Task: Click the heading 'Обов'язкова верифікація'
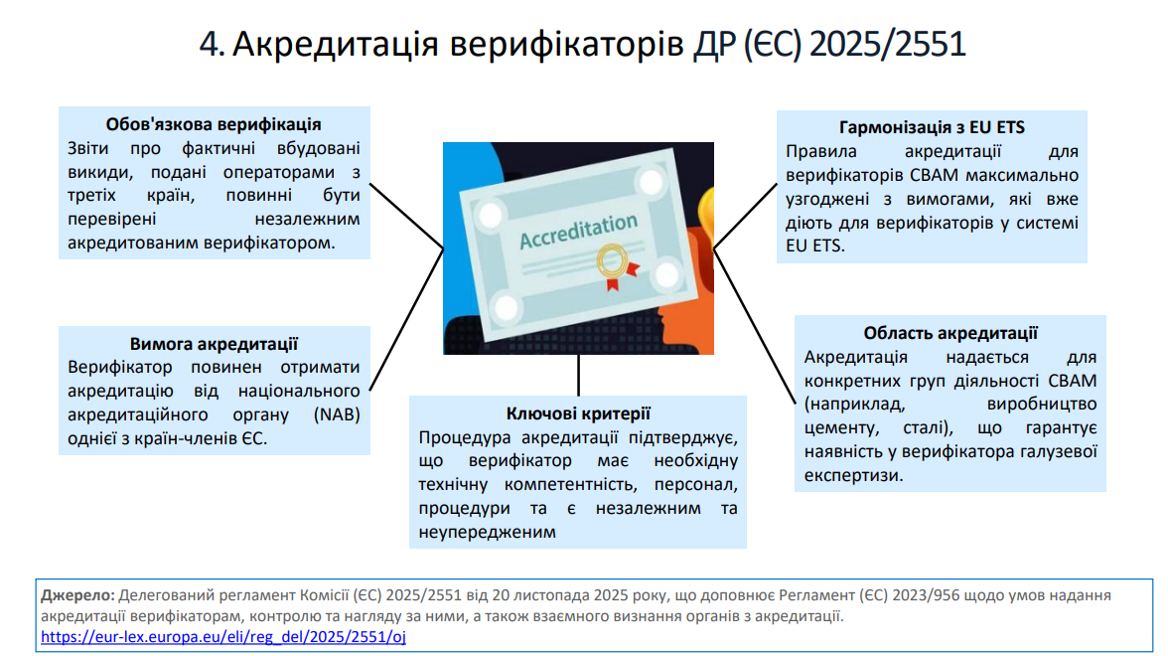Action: pyautogui.click(x=214, y=124)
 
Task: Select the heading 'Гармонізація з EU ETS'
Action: pyautogui.click(x=932, y=128)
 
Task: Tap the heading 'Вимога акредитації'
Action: pyautogui.click(x=214, y=344)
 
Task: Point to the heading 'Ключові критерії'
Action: pyautogui.click(x=578, y=413)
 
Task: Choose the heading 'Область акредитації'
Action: pyautogui.click(x=950, y=333)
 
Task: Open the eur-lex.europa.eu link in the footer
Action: pyautogui.click(x=223, y=636)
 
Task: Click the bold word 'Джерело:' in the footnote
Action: pyautogui.click(x=77, y=595)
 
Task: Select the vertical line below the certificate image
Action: pyautogui.click(x=578, y=375)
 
